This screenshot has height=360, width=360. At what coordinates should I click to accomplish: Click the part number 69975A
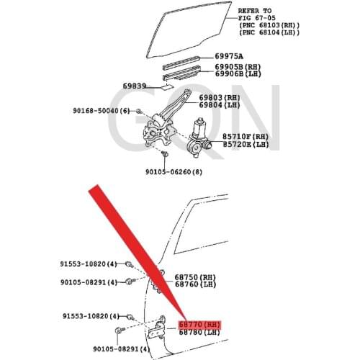pos(230,56)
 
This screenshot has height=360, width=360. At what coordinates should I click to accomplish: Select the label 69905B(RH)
pos(238,66)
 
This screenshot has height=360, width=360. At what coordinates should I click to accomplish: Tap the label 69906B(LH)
pos(238,73)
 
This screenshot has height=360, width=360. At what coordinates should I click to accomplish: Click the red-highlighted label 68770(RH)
pos(199,324)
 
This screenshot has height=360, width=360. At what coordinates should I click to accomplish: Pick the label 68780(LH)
pos(199,332)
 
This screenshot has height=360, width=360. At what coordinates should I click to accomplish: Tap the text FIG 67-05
pos(259,19)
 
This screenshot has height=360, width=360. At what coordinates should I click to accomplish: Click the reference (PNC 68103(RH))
pos(269,26)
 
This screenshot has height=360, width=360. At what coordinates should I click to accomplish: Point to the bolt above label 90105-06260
pos(165,154)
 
